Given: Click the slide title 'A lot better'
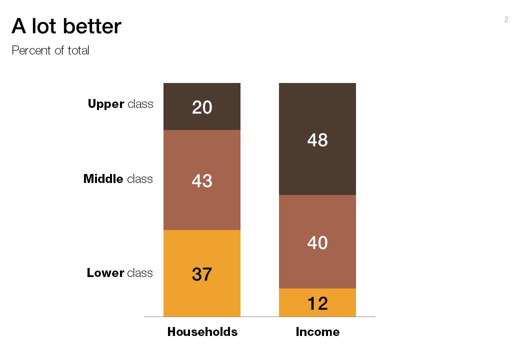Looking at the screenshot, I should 66,26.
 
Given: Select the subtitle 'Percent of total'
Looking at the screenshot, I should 50,50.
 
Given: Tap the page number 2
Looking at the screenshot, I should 506,19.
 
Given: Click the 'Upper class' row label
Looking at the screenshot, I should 120,104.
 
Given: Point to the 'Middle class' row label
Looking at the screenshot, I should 118,178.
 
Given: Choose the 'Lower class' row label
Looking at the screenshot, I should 119,272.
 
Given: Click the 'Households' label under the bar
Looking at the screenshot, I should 202,332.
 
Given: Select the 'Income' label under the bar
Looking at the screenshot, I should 317,332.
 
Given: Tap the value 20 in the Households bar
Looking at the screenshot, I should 202,107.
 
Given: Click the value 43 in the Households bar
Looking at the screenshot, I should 202,181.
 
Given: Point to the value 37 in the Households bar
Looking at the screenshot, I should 202,274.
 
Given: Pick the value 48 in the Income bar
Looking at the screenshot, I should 317,140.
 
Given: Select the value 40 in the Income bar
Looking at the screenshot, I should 317,243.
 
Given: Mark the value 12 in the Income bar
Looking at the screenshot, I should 317,303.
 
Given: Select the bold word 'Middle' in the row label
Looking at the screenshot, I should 103,178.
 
